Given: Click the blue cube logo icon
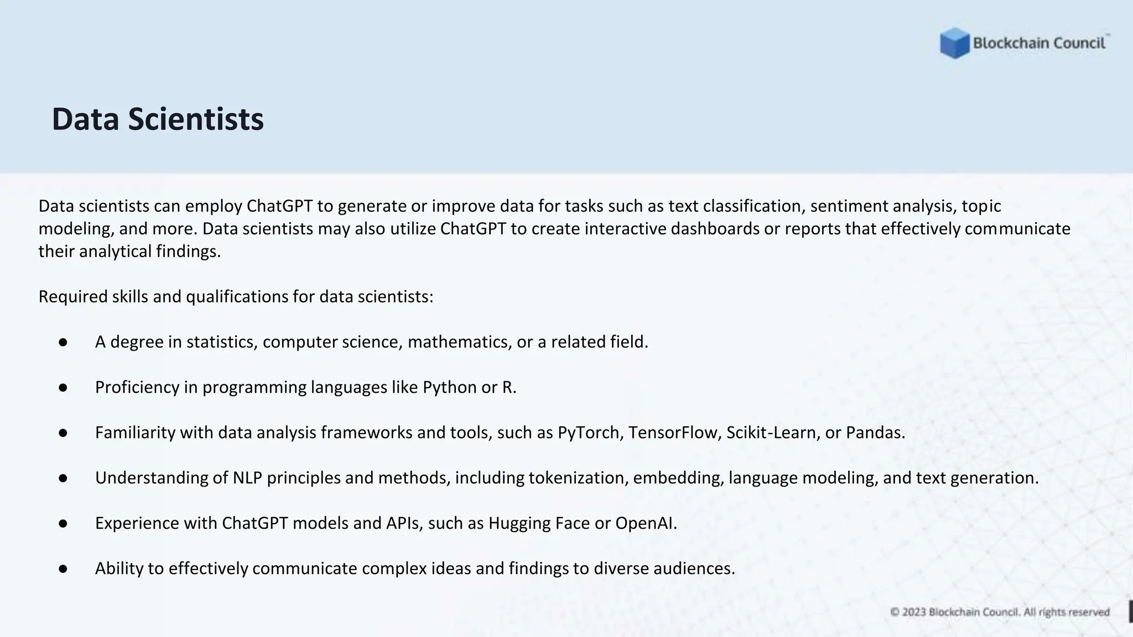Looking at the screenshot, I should click(x=954, y=43).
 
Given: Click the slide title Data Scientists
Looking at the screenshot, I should click(x=158, y=119).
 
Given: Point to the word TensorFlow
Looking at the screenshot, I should click(x=674, y=432).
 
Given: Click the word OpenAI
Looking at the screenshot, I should click(x=646, y=523).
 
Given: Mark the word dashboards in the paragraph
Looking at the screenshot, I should click(x=715, y=229).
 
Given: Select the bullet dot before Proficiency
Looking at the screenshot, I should click(x=63, y=388).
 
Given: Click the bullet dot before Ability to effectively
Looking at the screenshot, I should click(x=63, y=568).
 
